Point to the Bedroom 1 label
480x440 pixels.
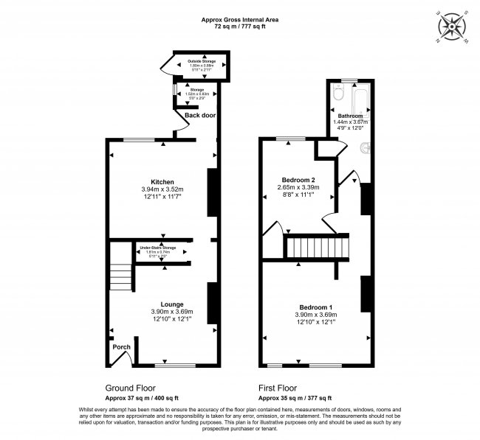(x=315, y=307)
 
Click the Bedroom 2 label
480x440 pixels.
(x=298, y=180)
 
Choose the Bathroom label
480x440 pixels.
(x=350, y=116)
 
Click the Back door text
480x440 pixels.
(x=199, y=116)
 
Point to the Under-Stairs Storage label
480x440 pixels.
(x=160, y=248)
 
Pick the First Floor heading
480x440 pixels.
(x=277, y=386)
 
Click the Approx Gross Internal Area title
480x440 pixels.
(x=239, y=18)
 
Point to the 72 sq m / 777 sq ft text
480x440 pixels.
(x=239, y=26)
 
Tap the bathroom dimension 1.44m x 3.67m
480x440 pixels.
(x=350, y=122)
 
